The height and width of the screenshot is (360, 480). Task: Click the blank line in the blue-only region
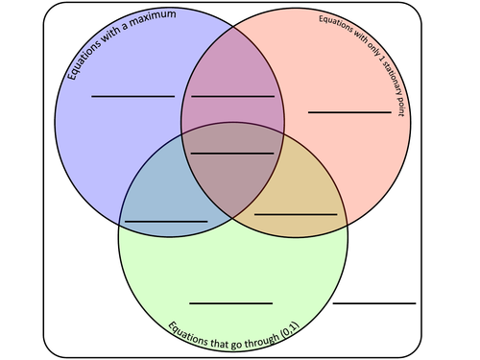pyautogui.click(x=132, y=96)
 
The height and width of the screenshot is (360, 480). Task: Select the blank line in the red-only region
pyautogui.click(x=349, y=112)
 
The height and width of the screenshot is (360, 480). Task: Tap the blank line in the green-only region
pyautogui.click(x=230, y=302)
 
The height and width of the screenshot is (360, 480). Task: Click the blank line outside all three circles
pyautogui.click(x=374, y=302)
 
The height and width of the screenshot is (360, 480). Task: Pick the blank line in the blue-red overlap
pyautogui.click(x=232, y=96)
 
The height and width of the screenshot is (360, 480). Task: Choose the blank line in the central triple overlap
pyautogui.click(x=232, y=153)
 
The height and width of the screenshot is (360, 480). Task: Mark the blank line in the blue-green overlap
pyautogui.click(x=165, y=221)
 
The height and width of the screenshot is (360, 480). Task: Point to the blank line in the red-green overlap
pyautogui.click(x=296, y=213)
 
